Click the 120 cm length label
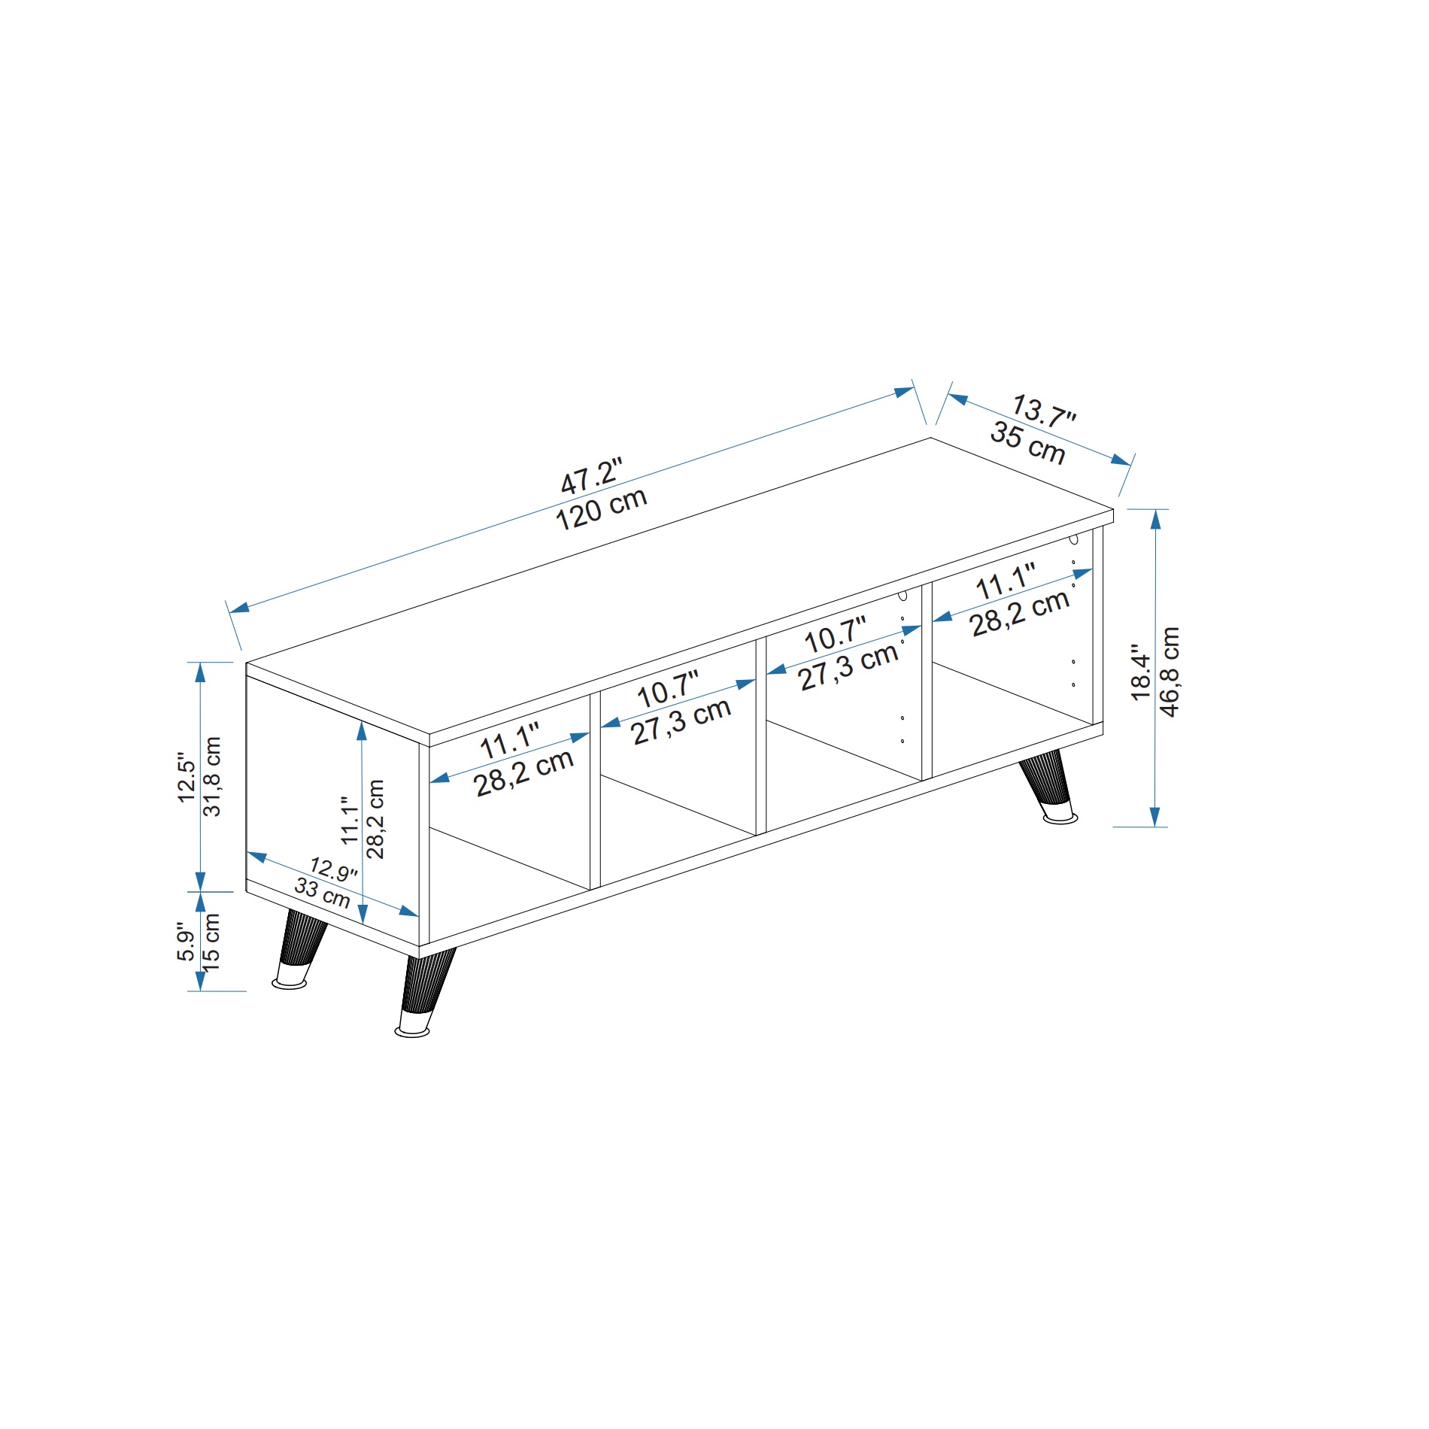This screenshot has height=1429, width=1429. (602, 509)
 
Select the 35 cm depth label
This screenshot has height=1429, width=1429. (1027, 444)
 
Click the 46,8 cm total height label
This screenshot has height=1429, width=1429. (1171, 672)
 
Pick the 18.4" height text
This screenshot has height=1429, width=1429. (1142, 672)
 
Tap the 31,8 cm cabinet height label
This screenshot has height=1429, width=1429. (213, 776)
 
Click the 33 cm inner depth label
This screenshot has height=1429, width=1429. (322, 893)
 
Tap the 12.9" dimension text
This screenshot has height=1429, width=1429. (333, 869)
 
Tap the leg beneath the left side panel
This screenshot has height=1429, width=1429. (300, 949)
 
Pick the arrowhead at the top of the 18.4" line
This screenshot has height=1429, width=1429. (1156, 519)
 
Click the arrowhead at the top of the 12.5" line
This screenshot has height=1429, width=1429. (201, 672)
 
